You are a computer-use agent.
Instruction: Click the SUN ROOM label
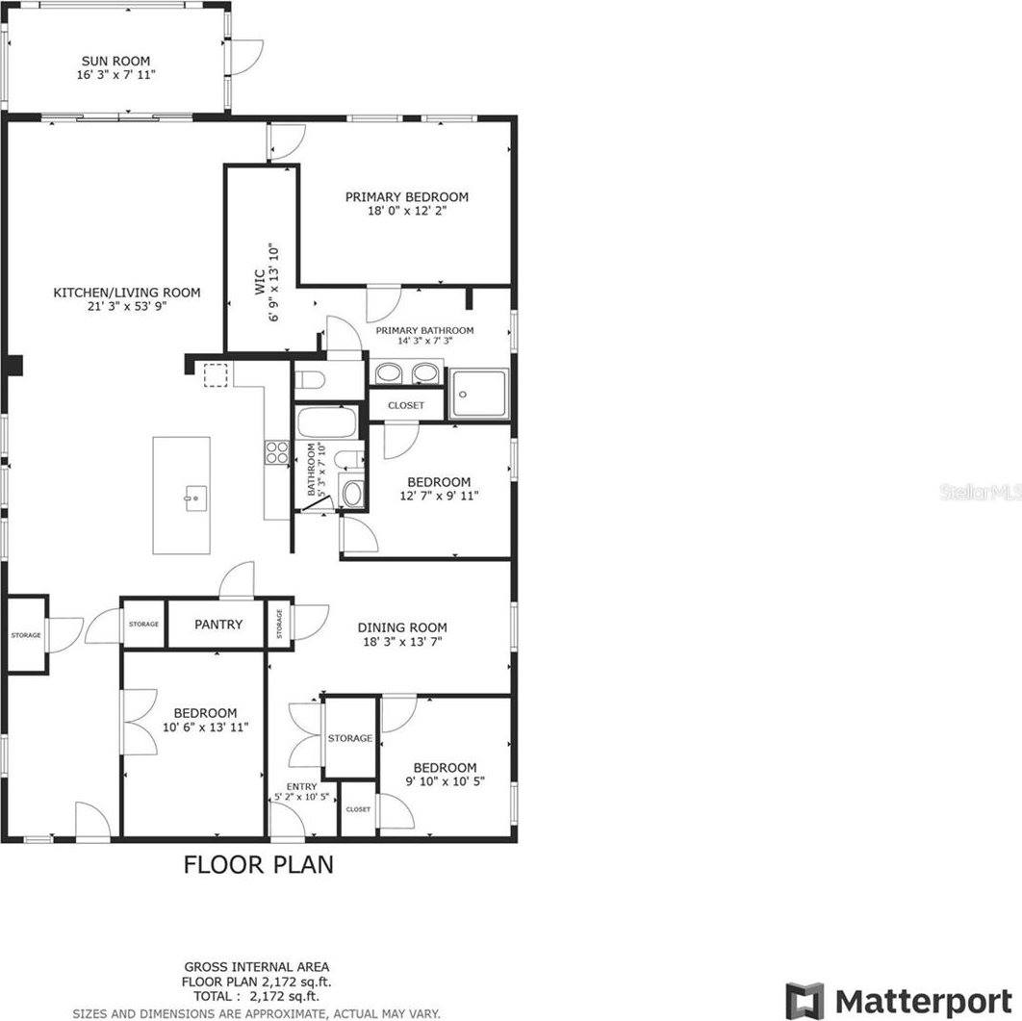115,60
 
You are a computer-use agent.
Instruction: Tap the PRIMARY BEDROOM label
407,197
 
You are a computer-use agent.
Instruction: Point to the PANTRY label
218,625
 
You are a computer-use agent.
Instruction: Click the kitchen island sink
193,498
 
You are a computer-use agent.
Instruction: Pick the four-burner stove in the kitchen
277,452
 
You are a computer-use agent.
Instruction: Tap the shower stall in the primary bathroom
480,393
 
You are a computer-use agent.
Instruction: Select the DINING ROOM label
403,627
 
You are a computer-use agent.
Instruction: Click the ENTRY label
301,786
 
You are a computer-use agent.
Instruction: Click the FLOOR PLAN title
259,864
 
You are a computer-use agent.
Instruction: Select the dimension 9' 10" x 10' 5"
445,781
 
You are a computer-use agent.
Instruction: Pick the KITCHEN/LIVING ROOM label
127,293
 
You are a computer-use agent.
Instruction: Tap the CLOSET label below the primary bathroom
406,405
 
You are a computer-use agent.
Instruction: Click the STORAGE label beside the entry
349,738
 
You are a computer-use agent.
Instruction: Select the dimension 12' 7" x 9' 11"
439,496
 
